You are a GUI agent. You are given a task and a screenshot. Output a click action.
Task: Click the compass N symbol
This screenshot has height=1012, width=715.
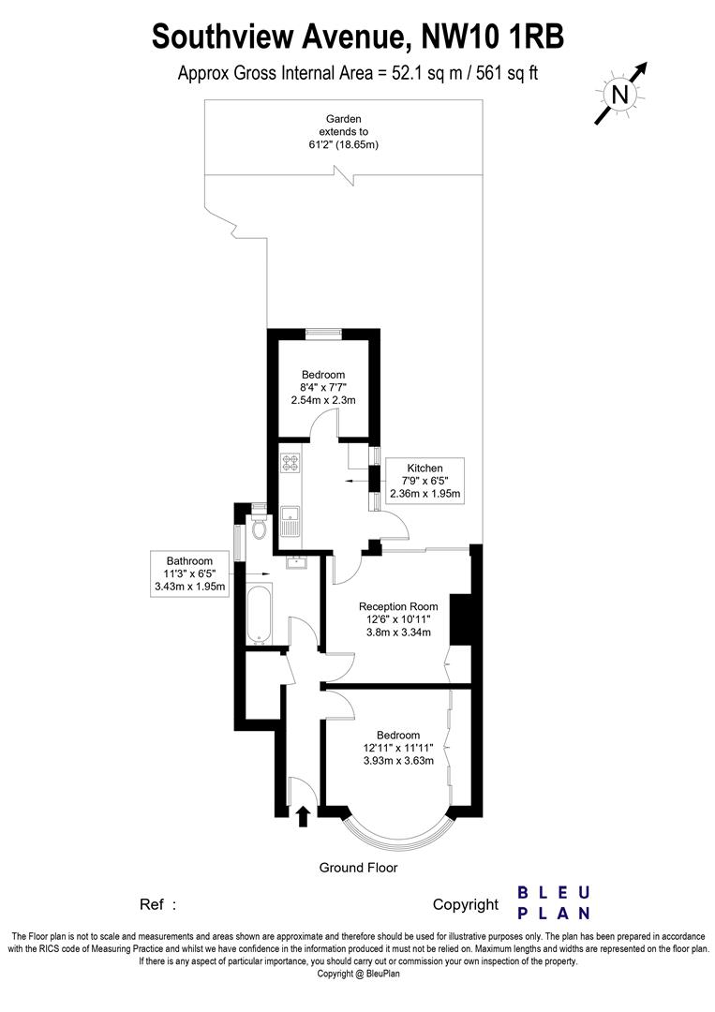(x=619, y=94)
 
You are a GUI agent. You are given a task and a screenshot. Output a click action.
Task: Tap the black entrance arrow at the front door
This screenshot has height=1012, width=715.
(x=302, y=817)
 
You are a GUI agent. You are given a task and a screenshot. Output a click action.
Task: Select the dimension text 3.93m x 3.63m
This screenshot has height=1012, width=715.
(x=398, y=761)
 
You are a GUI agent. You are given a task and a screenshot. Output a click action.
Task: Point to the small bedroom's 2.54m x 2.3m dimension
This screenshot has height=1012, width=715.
(x=323, y=400)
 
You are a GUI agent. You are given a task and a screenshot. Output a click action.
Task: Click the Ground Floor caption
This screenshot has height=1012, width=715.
(x=358, y=868)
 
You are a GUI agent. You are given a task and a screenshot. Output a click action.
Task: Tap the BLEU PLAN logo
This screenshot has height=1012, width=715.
(x=554, y=902)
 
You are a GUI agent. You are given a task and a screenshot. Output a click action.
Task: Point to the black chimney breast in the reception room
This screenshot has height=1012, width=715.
(x=460, y=619)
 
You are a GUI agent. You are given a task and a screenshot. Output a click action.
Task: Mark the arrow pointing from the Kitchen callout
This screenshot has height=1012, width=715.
(x=354, y=481)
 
